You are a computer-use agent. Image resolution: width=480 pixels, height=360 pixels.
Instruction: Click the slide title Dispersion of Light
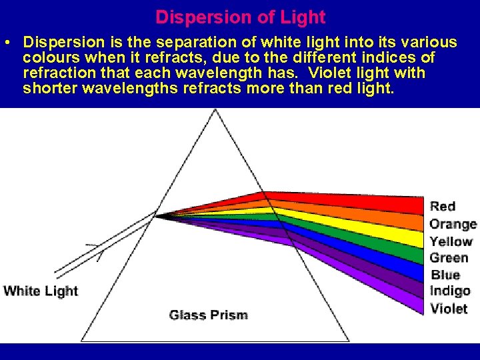pos(240,17)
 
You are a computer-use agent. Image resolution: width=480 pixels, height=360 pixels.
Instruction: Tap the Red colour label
pos(443,206)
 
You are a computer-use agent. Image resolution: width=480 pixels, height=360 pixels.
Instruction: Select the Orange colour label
pos(453,224)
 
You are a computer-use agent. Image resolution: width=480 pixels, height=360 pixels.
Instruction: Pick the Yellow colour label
pos(451,241)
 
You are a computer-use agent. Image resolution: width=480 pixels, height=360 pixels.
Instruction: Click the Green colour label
pos(449,258)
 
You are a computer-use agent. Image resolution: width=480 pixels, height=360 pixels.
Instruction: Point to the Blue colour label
pos(445,275)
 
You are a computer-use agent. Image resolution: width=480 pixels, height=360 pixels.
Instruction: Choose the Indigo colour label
pos(450,291)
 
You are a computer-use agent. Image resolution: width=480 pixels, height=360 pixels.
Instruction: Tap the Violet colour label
pos(449,309)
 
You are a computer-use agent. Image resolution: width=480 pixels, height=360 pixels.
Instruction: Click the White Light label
pos(41,291)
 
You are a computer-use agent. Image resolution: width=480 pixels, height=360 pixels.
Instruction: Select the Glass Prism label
pos(208,315)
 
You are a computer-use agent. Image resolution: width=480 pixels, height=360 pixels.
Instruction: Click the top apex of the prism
pos(215,110)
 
